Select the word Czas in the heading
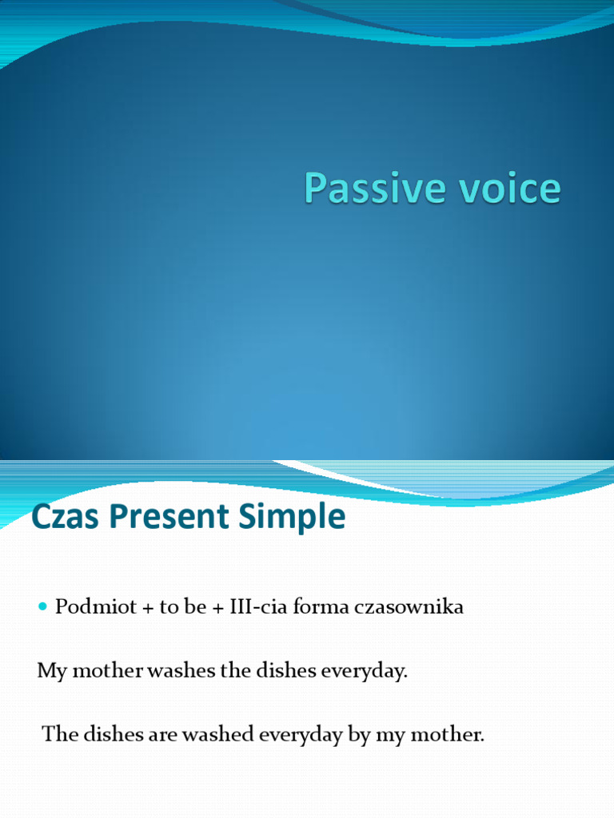(x=58, y=517)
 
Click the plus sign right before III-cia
(x=216, y=607)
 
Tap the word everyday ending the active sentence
(x=364, y=671)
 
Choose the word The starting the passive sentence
(x=57, y=734)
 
